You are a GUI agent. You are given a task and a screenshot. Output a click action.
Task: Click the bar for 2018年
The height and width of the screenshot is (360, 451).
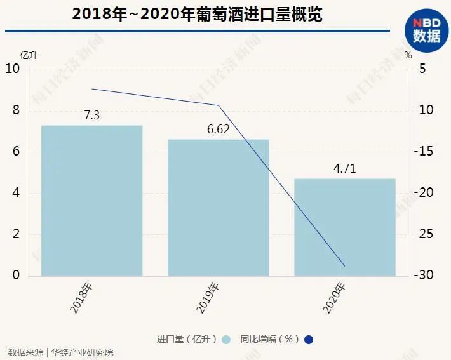(91, 201)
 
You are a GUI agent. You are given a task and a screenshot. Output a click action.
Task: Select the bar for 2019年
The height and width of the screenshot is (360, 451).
(218, 207)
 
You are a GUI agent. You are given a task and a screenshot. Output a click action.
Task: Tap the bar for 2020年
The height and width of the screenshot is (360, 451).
(345, 227)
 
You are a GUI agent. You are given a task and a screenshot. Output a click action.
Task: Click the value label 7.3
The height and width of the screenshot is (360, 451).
(91, 115)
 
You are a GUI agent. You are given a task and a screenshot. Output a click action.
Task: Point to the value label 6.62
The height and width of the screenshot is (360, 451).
(218, 129)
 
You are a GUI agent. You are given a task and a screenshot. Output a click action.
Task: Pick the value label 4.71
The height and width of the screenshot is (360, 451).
(345, 169)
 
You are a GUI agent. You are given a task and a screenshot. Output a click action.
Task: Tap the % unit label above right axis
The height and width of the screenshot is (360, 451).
(408, 55)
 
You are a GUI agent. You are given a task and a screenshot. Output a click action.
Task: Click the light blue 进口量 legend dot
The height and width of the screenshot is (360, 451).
(226, 339)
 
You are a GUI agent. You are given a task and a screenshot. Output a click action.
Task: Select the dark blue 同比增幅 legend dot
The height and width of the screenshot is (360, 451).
(309, 339)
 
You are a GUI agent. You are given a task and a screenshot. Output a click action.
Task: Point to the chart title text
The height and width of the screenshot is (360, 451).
(197, 14)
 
